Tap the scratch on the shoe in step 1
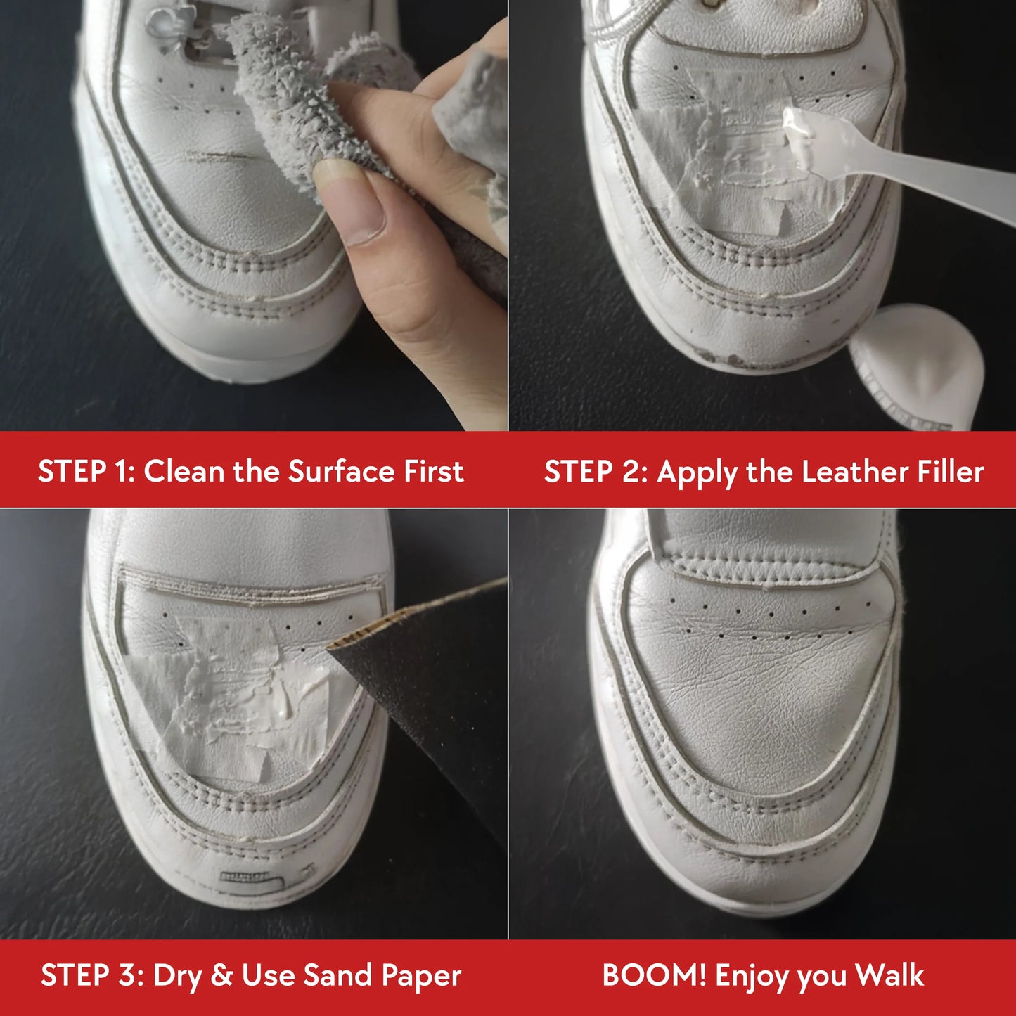[x=219, y=156]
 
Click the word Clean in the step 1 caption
[x=184, y=471]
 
